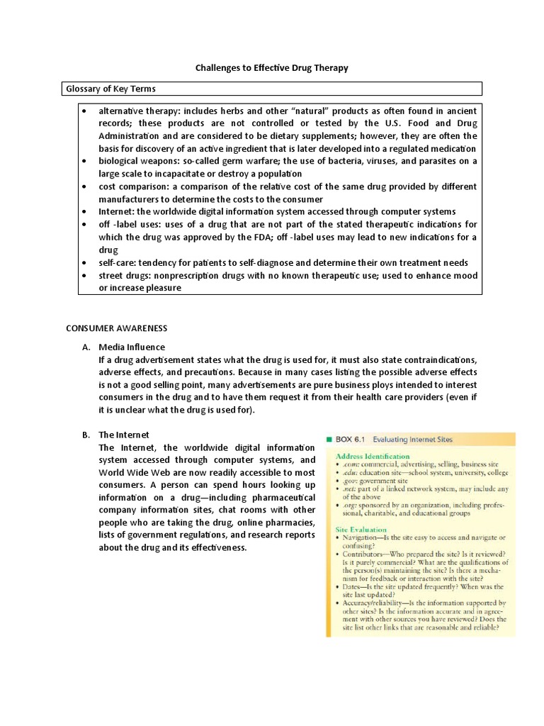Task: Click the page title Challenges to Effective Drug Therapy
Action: [272, 67]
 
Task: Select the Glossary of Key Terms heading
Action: [110, 89]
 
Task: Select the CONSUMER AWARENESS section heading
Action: [116, 328]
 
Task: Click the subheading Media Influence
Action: [132, 347]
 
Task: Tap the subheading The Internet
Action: [124, 435]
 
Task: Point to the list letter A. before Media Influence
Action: [86, 347]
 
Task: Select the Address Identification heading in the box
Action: [372, 456]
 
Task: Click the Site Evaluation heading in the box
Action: [361, 529]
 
